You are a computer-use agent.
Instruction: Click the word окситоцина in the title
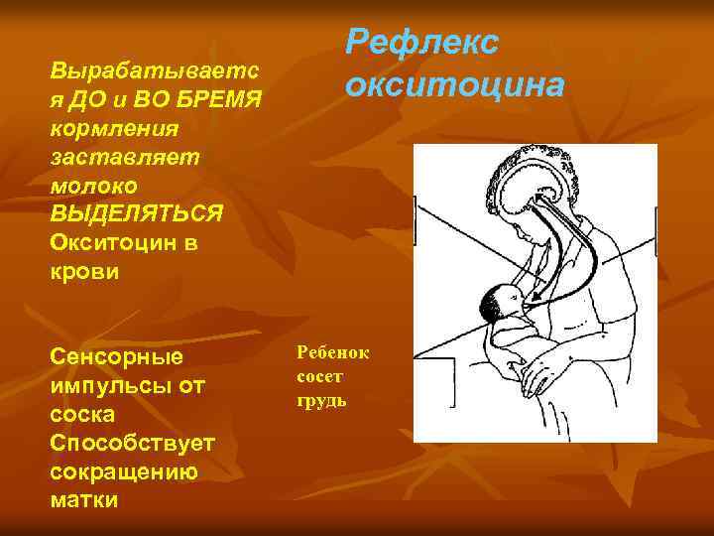[455, 85]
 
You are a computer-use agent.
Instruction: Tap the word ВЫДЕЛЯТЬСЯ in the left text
[137, 213]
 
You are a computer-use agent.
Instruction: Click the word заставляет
[123, 157]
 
